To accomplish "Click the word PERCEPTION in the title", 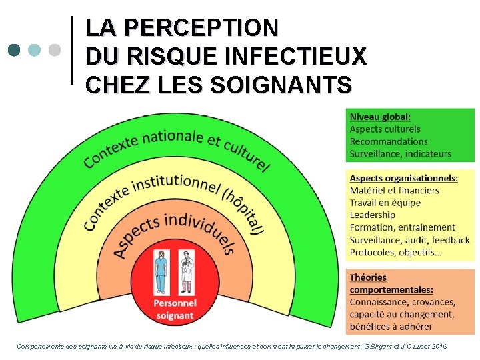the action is [x=201, y=28].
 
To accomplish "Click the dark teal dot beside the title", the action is [x=14, y=50].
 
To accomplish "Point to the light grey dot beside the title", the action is [x=55, y=50].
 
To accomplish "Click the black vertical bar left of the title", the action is [x=71, y=50].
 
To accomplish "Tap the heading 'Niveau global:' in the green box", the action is [x=380, y=117].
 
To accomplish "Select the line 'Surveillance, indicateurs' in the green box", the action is [x=400, y=153].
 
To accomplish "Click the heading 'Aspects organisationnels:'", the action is [x=403, y=178].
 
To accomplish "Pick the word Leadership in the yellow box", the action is [x=372, y=215].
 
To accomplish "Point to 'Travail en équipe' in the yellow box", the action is [x=385, y=203].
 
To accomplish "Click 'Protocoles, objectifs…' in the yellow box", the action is [x=395, y=252].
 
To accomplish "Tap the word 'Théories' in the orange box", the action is [x=368, y=277].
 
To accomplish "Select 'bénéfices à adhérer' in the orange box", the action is [x=391, y=327].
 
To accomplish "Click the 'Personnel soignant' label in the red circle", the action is [x=174, y=309].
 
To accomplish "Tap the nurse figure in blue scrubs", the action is [x=161, y=272].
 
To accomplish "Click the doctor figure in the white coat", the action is [x=187, y=272].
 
